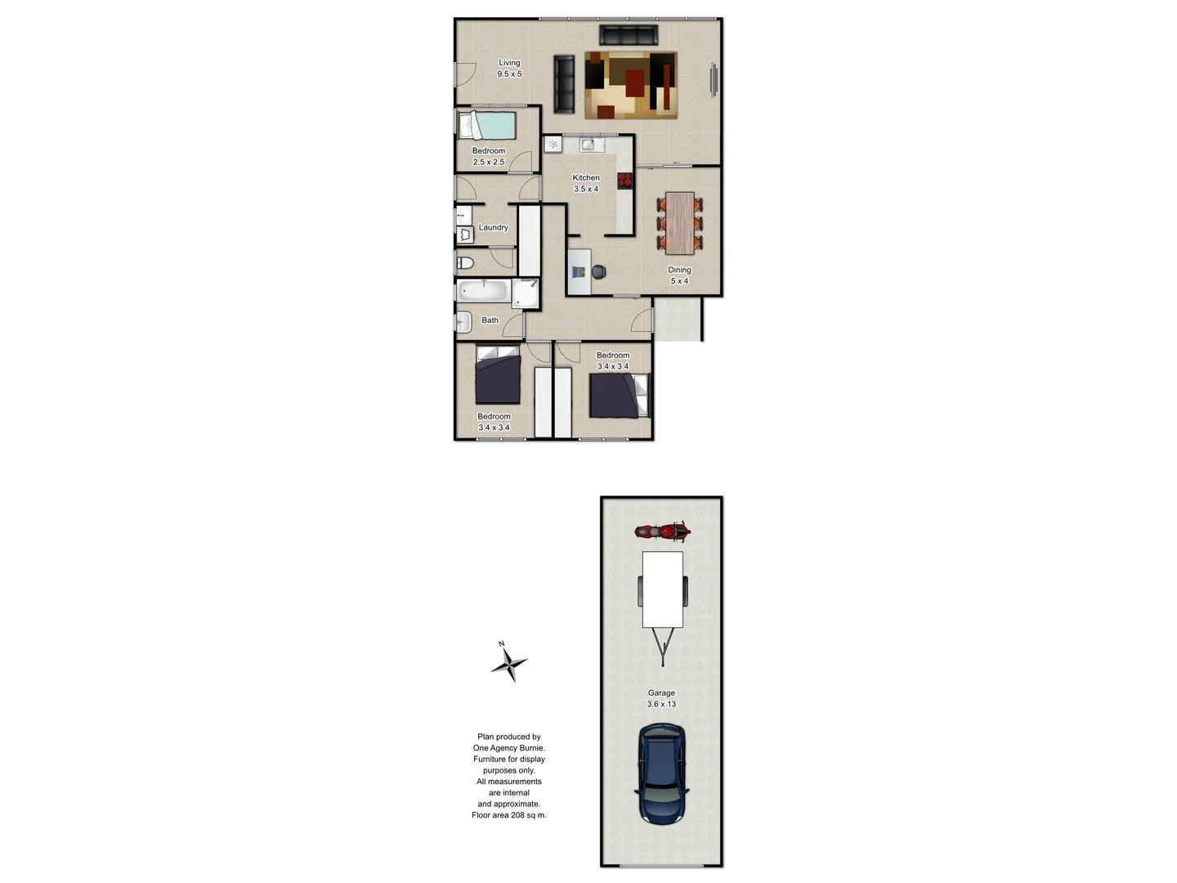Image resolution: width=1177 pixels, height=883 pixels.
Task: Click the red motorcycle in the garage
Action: click(x=662, y=532)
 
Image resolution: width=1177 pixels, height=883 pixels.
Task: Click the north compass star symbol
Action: click(x=508, y=663)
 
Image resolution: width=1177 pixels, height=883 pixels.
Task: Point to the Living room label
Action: click(x=509, y=68)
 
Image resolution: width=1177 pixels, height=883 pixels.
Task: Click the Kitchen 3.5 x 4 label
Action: click(x=586, y=183)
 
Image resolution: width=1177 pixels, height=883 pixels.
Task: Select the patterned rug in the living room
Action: click(x=630, y=85)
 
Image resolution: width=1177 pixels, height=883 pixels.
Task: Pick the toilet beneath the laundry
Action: click(x=465, y=262)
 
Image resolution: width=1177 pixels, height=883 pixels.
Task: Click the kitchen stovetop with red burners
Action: click(x=624, y=181)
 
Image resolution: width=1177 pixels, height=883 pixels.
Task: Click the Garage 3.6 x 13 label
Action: click(x=661, y=698)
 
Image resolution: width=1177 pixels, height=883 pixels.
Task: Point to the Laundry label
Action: click(x=493, y=227)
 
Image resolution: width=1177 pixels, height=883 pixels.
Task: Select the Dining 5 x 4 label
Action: click(x=679, y=276)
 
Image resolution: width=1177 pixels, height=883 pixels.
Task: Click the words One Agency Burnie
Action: click(x=508, y=748)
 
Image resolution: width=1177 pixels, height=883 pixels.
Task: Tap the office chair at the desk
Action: click(x=598, y=271)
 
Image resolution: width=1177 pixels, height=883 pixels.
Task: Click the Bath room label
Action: click(x=490, y=320)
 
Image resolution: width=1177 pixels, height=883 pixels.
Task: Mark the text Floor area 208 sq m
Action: click(x=508, y=815)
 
